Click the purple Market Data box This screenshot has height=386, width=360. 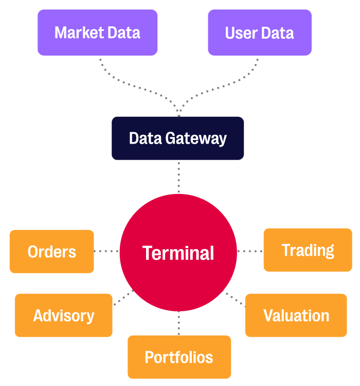point(97,32)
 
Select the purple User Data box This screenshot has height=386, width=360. point(259,32)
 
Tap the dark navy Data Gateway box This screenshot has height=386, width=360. point(177,138)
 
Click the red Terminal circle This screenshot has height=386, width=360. point(178,252)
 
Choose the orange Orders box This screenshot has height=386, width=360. point(51,251)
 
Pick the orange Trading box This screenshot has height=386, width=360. point(308,250)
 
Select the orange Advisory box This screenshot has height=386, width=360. point(63,315)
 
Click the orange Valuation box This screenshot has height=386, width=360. point(296,315)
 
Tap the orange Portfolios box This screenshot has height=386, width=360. point(179,357)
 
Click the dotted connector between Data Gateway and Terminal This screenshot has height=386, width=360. point(179,177)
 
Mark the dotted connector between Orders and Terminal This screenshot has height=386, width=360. point(106,251)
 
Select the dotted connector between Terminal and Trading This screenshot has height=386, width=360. point(250,251)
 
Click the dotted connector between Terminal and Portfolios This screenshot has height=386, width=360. point(179,323)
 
